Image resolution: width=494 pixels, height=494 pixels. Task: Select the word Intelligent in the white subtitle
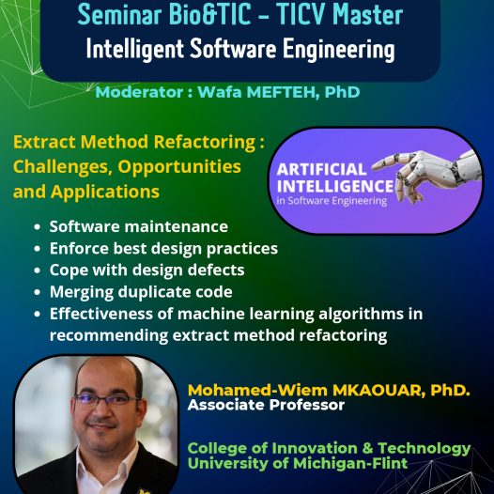tap(135, 49)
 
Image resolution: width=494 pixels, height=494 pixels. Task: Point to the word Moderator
tap(139, 92)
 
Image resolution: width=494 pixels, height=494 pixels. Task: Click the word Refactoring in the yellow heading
tap(205, 142)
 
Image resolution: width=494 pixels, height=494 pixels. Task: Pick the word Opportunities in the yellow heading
tap(179, 167)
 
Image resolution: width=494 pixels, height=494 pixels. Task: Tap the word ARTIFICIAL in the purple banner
tap(321, 169)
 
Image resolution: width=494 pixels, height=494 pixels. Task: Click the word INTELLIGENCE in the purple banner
tap(335, 186)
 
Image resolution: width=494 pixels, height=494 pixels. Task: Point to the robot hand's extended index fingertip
tap(375, 164)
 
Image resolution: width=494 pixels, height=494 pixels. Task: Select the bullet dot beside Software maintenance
tap(38, 227)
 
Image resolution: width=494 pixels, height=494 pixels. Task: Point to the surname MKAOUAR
tap(377, 391)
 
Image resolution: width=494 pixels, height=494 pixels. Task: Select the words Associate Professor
tap(266, 405)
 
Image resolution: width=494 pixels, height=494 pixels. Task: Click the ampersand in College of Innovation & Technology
tap(367, 448)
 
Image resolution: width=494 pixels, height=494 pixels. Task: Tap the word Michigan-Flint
tap(350, 463)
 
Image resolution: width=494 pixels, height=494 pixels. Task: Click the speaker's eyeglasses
tap(106, 401)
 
